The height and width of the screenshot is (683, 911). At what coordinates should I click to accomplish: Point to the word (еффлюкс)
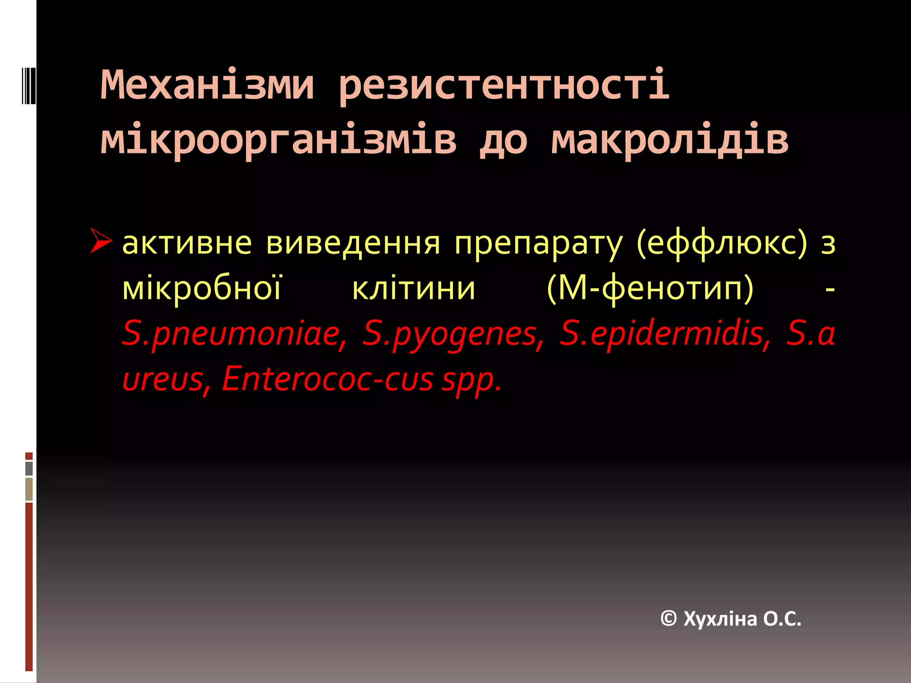(x=722, y=244)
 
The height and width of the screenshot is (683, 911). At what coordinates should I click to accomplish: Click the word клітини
(x=414, y=289)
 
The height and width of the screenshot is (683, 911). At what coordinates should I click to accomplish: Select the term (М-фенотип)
(x=650, y=289)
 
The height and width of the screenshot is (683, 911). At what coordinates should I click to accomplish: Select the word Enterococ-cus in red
(x=327, y=380)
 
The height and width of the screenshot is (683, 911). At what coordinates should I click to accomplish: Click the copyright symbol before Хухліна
(x=669, y=619)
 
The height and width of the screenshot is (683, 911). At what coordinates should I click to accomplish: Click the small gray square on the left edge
(x=29, y=468)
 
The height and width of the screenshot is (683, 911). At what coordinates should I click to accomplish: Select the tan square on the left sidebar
(x=29, y=489)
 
